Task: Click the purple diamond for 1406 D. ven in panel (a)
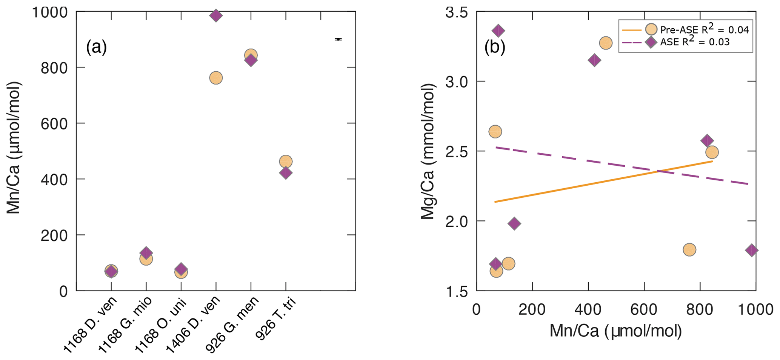point(215,15)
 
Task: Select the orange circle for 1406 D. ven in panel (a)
point(215,78)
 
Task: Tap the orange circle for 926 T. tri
point(286,162)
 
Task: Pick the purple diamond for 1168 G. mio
point(146,253)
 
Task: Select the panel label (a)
point(96,48)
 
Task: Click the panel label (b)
point(494,48)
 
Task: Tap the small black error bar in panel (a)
point(338,39)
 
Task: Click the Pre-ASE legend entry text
point(704,30)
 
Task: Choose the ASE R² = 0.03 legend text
point(695,42)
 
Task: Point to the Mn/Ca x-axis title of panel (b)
point(615,331)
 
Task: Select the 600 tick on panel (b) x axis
point(644,309)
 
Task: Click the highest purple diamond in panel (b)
point(498,31)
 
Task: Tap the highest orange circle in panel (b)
point(606,43)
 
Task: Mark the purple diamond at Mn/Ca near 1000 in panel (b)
point(751,250)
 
